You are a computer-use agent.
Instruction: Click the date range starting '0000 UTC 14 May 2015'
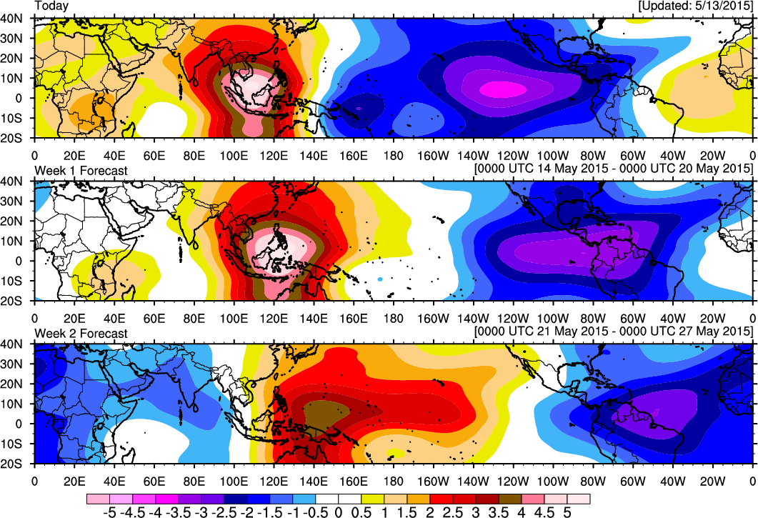[614, 168]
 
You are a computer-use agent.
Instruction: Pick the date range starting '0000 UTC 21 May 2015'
[614, 332]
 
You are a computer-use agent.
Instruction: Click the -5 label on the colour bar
[109, 512]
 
